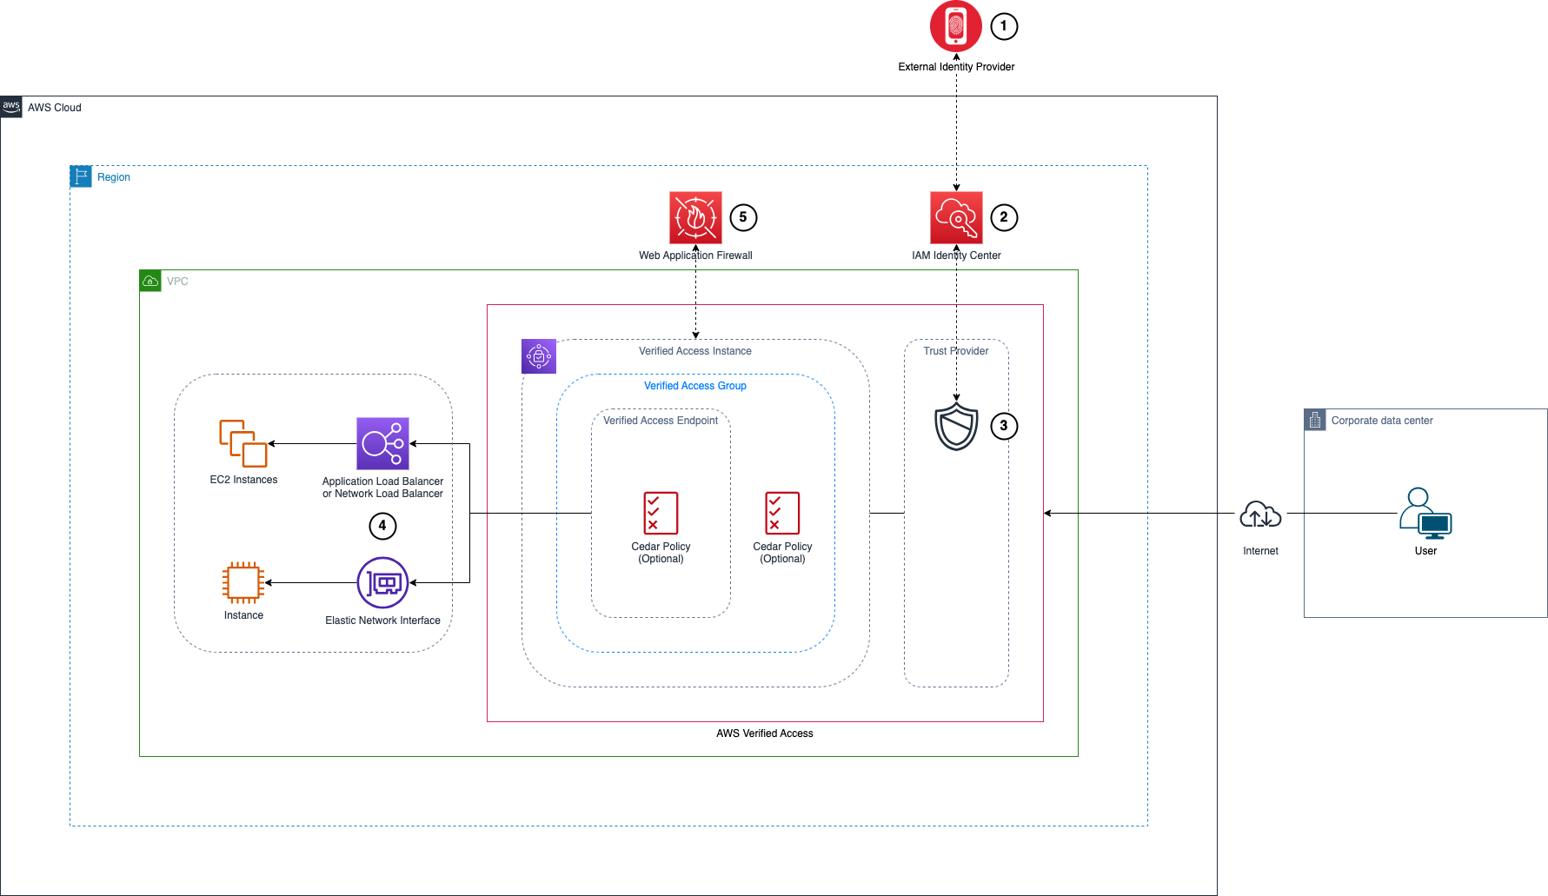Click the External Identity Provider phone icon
[x=955, y=26]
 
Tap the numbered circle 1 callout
[x=1004, y=26]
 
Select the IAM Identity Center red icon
[x=956, y=217]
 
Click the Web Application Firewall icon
[x=695, y=217]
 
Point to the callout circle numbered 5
[x=743, y=217]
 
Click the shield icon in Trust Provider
[x=956, y=426]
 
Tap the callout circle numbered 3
[x=1004, y=426]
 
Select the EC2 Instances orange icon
[x=243, y=443]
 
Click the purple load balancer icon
[x=382, y=443]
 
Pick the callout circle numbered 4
[x=382, y=526]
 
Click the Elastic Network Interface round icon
[x=382, y=582]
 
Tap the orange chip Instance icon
[x=243, y=582]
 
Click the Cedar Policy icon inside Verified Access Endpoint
[x=661, y=513]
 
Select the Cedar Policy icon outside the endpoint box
[x=782, y=513]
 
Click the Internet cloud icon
[x=1260, y=514]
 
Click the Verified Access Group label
[x=694, y=386]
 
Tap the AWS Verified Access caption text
[x=764, y=733]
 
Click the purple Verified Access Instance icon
[x=539, y=356]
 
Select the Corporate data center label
[x=1381, y=421]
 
